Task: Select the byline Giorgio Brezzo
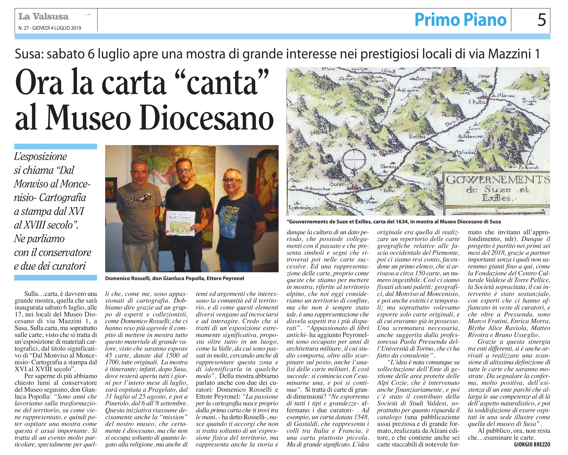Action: (532, 444)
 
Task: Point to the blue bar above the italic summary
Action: (56, 146)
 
